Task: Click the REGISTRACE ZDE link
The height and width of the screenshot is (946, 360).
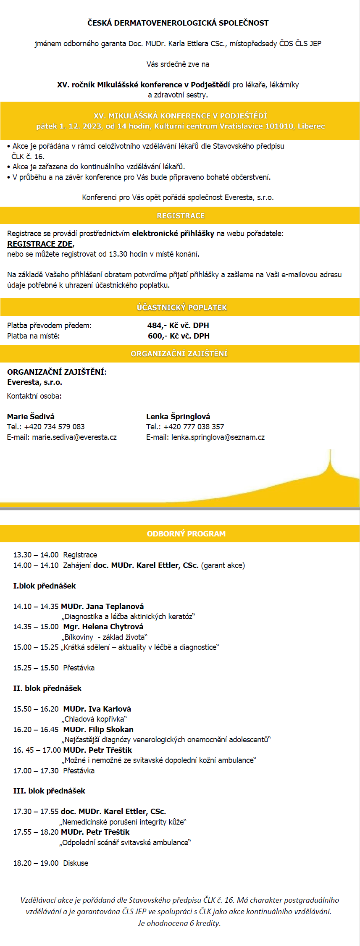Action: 40,244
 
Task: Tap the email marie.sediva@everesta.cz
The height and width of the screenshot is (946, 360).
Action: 74,437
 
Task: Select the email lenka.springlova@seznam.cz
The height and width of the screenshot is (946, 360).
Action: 218,437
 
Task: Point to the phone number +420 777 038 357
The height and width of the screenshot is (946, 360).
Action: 194,427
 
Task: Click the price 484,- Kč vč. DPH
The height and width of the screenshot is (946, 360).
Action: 178,326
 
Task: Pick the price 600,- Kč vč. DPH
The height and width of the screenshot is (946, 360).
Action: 178,336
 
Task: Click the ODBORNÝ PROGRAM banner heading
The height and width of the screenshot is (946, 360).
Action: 186,534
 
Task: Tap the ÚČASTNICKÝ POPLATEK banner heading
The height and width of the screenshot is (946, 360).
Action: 181,307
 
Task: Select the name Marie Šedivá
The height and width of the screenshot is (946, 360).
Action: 31,417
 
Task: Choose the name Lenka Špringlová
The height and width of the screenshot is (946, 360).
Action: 178,417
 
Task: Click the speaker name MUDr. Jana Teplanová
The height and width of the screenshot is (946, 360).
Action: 102,607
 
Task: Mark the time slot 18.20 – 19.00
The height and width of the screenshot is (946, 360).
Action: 36,863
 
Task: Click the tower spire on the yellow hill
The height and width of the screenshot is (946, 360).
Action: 330,460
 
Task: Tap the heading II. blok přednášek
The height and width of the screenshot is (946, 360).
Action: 47,688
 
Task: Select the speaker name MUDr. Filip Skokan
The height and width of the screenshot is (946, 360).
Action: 98,730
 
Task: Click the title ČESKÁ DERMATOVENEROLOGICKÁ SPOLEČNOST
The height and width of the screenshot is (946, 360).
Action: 178,23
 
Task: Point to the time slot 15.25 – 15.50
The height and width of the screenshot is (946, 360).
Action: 36,668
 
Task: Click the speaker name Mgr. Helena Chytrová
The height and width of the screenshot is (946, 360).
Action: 103,627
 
